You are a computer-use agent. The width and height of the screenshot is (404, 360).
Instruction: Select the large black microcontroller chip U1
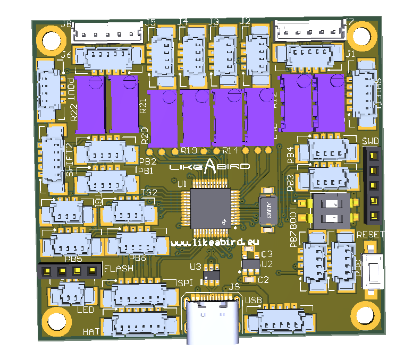point(211,208)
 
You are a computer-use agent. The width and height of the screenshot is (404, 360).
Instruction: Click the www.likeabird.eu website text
point(215,242)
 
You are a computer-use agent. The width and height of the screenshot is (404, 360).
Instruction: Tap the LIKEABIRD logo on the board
point(209,166)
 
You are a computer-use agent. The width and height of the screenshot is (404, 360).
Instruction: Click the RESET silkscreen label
point(371,235)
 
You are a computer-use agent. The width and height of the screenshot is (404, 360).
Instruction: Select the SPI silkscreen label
point(184,282)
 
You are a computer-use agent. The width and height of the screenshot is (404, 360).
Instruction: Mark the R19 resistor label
point(189,150)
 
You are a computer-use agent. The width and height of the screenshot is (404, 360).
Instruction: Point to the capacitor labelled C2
point(248,276)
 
